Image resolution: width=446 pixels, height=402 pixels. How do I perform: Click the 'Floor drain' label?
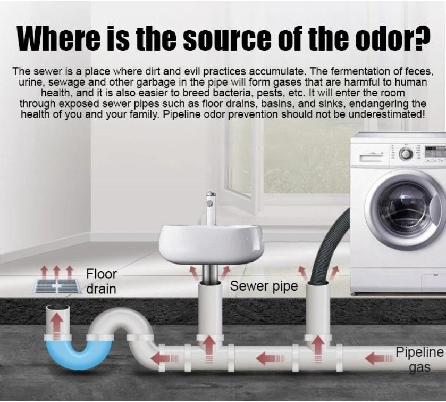101,282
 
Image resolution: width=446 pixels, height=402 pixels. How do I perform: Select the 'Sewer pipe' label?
264,286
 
